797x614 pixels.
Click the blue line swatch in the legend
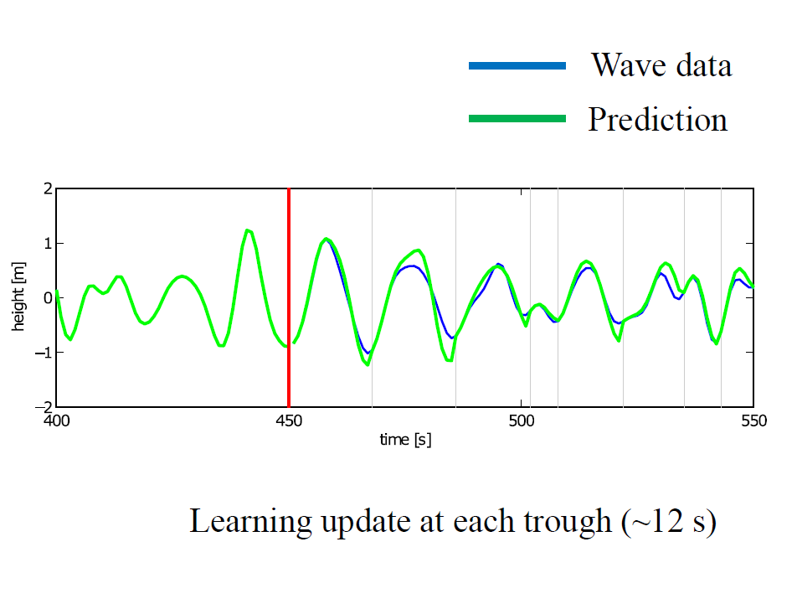517,65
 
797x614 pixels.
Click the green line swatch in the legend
517,119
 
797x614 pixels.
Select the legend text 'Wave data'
661,65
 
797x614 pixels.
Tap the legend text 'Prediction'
657,120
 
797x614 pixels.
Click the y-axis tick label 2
46,189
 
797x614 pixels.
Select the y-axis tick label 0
46,298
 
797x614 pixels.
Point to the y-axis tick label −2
42,407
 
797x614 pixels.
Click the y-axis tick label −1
42,353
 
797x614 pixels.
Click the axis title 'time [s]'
404,439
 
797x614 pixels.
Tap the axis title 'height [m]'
18,297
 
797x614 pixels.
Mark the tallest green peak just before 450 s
247,230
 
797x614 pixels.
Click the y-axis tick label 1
46,244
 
